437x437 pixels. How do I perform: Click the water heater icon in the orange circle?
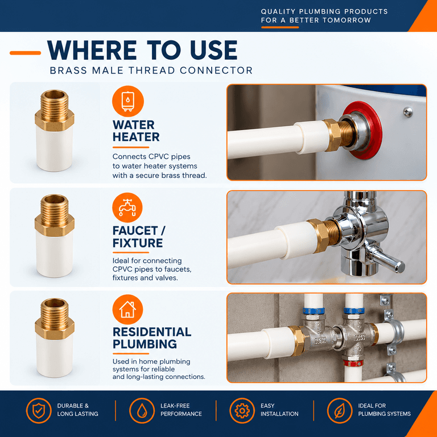pos(127,101)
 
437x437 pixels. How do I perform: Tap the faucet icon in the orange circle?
pos(127,207)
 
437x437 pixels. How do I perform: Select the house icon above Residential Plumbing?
pos(127,310)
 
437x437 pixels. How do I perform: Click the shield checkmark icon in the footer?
pos(39,410)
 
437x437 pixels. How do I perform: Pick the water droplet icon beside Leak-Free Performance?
pos(142,410)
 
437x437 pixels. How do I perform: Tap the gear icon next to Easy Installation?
pos(242,410)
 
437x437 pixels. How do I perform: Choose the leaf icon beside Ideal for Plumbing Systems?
pos(340,410)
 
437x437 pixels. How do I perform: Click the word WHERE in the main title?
pos(92,50)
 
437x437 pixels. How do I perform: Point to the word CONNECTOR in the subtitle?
pos(216,70)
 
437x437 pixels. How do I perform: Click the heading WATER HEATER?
pos(136,131)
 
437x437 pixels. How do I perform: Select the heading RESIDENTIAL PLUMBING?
pos(152,338)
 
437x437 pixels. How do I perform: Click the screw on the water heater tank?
pos(408,112)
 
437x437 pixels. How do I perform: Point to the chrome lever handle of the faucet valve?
pos(386,258)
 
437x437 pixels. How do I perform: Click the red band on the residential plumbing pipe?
pos(353,363)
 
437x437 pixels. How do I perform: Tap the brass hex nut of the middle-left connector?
pos(55,225)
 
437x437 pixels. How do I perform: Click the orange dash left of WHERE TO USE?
pos(26,53)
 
